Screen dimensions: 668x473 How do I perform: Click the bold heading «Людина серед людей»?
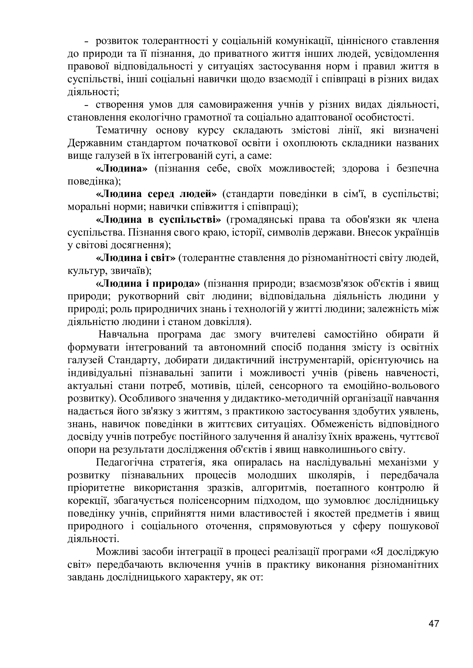[157, 194]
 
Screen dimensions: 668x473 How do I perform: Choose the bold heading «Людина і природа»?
[148, 284]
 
